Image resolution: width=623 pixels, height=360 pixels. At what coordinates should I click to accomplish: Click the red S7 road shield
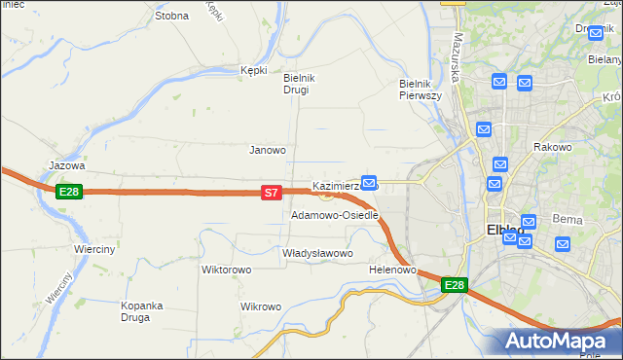point(272,194)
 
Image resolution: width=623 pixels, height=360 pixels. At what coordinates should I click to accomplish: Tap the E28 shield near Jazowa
point(68,192)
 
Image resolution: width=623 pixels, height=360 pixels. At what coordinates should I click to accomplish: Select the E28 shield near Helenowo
point(455,285)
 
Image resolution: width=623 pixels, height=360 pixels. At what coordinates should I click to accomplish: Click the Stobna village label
point(171,16)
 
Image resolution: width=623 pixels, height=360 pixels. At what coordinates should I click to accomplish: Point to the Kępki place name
point(253,70)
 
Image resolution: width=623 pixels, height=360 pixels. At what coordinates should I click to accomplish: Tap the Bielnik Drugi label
point(296,84)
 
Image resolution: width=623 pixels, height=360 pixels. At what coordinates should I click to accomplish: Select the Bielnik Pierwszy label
point(421,90)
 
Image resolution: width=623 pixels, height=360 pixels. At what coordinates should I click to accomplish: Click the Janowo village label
point(268,150)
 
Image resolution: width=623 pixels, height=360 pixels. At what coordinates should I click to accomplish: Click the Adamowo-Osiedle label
point(334,215)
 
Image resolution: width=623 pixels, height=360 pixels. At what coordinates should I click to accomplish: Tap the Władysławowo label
point(316,253)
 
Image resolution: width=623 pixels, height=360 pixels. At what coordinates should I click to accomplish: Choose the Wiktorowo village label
point(227,270)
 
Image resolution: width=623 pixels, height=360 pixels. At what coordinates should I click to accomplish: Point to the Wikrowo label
point(261,306)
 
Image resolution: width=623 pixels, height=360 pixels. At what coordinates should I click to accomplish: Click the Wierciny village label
point(95,249)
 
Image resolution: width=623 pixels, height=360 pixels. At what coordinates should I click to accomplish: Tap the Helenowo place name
point(393,270)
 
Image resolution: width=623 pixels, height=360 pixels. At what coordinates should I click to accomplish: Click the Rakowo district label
point(552,147)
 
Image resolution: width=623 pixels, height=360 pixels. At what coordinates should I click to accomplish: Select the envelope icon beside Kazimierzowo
point(369,182)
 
